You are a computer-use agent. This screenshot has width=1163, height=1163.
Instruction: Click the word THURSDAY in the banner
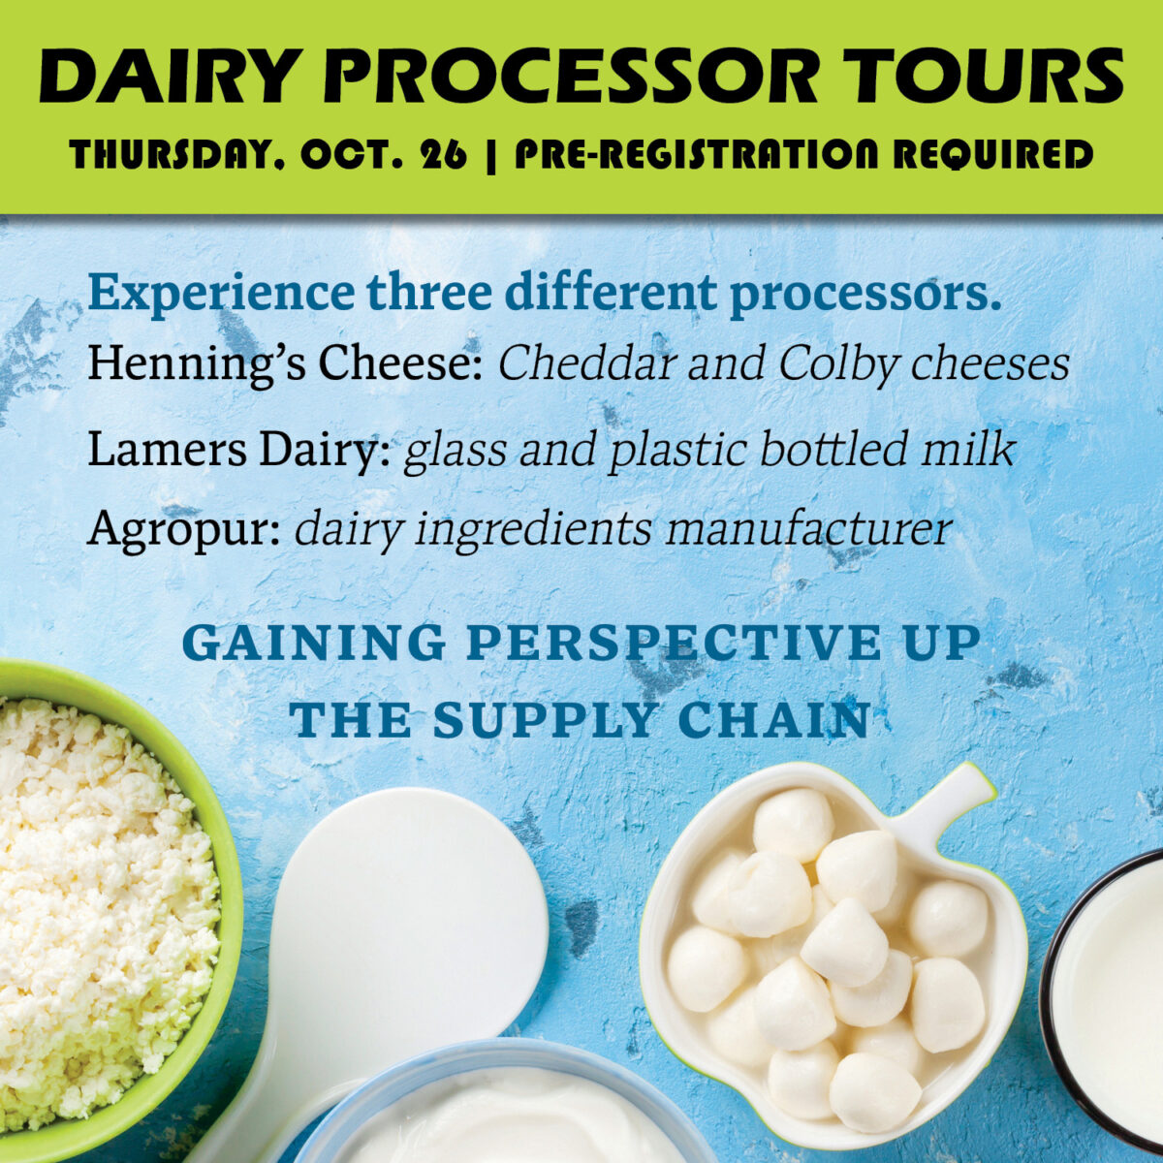[176, 154]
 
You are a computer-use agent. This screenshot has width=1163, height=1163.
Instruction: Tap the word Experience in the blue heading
[220, 294]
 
